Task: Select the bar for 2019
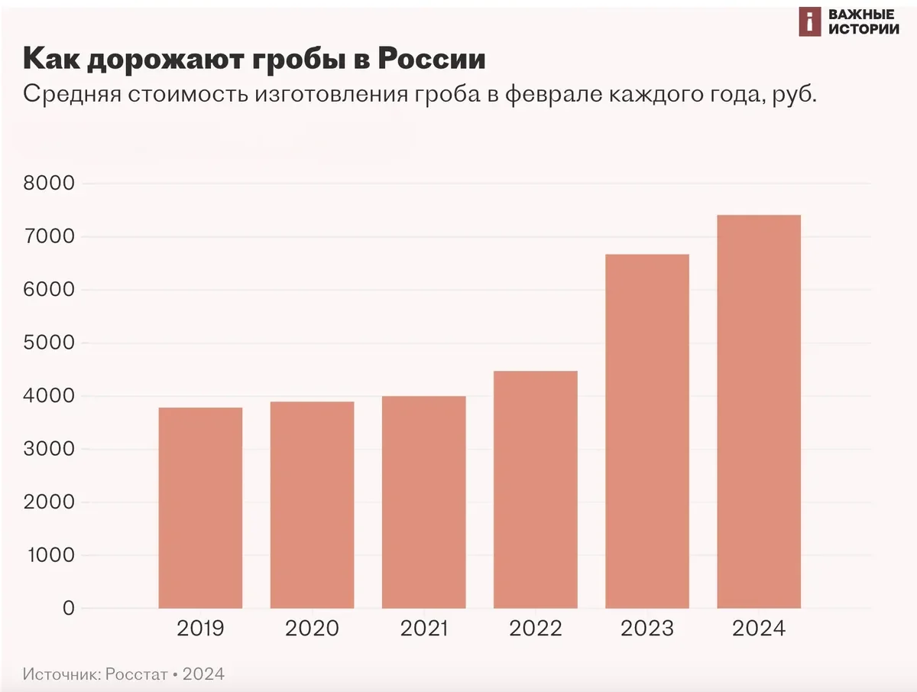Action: pos(200,508)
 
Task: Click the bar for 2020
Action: pos(312,505)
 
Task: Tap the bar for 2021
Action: pos(423,502)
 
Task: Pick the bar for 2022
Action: pos(536,489)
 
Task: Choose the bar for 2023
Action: pos(647,431)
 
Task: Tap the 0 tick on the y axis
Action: pos(68,609)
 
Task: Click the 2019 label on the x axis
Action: pos(200,629)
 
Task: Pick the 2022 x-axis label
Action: pos(536,629)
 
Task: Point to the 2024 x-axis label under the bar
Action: pos(759,629)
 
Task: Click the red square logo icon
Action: pos(808,22)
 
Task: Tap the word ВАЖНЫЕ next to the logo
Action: pos(861,15)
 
